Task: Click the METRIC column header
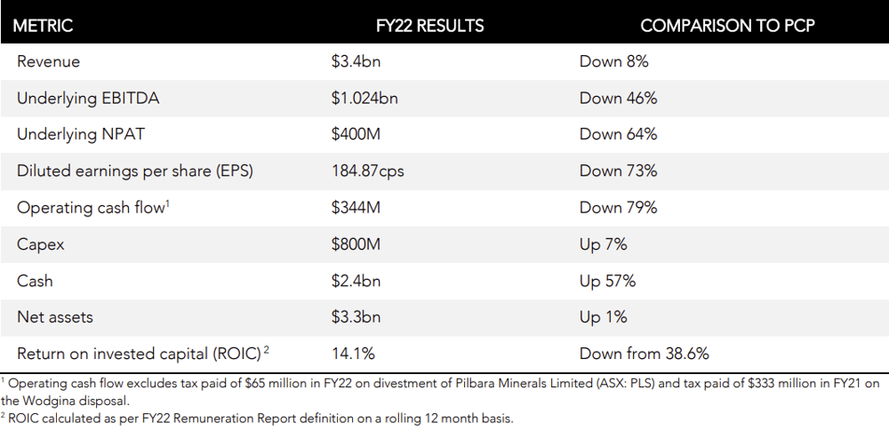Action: [43, 26]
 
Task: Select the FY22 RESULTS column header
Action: [429, 26]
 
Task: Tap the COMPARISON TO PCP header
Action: [727, 26]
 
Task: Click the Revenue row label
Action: [48, 61]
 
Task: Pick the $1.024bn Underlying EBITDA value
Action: [364, 98]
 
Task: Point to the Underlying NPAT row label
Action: [81, 134]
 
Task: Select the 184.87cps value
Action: [368, 171]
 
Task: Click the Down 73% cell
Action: [618, 171]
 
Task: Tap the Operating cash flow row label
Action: [93, 207]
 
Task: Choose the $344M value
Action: [356, 207]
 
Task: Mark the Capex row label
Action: [40, 244]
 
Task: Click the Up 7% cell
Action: [604, 244]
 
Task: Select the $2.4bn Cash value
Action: [356, 281]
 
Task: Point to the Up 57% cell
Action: [607, 281]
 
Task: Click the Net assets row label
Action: [54, 316]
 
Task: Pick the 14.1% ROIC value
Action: [353, 354]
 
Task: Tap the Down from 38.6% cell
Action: [644, 354]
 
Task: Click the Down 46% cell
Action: [618, 98]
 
